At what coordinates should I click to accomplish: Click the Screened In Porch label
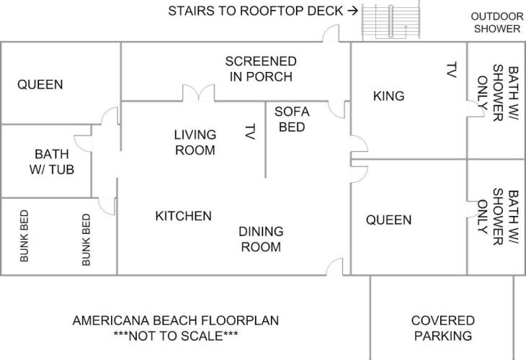pos(261,69)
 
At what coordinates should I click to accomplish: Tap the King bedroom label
pos(388,96)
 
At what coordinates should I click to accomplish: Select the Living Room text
pos(195,143)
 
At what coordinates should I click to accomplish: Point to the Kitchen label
pos(183,216)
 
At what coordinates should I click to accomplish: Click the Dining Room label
pos(261,239)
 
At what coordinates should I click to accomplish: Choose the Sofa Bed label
pos(292,120)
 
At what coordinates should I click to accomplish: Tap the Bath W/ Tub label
pos(52,161)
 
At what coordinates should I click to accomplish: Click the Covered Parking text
pos(443,328)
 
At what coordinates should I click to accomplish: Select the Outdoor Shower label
pos(496,22)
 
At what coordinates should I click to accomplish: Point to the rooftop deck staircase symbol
pos(391,22)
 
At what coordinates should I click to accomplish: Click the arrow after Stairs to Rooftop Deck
pos(352,11)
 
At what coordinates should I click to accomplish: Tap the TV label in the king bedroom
pos(452,70)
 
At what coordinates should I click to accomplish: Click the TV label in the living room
pos(250,131)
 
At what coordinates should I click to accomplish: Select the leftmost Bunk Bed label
pos(24,236)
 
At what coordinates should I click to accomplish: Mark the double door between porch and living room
pos(198,94)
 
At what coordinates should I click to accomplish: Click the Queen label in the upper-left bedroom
pos(40,84)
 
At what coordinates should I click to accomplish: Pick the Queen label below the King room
pos(388,220)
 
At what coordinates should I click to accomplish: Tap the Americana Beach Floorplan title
pos(175,320)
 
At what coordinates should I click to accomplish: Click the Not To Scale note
pos(175,336)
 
